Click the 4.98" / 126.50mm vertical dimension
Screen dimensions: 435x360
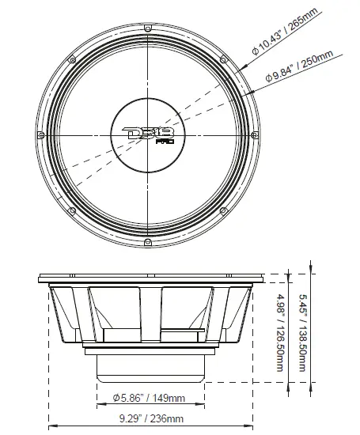tap(281, 333)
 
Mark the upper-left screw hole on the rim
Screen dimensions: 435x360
tap(72, 60)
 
